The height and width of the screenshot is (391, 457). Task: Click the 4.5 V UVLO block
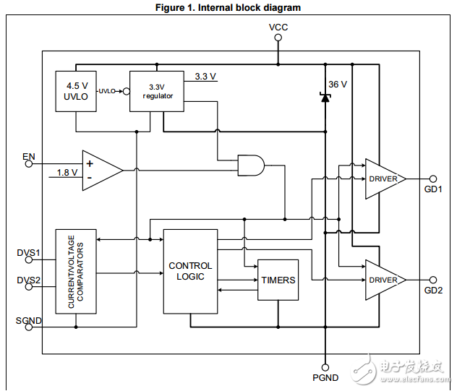(76, 91)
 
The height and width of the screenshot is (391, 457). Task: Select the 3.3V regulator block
(157, 91)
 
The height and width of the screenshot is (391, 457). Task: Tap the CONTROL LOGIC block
(190, 271)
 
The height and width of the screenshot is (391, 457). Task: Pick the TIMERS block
(278, 280)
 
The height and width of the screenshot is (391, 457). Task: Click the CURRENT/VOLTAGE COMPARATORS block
(76, 271)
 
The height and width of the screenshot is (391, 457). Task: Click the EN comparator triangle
(100, 171)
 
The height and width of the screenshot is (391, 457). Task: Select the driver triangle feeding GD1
(383, 179)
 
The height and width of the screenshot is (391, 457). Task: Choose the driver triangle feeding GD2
(383, 280)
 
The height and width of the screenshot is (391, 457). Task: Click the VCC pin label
(278, 27)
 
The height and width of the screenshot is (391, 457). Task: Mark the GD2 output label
(433, 291)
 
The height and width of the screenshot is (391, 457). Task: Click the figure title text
(228, 8)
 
